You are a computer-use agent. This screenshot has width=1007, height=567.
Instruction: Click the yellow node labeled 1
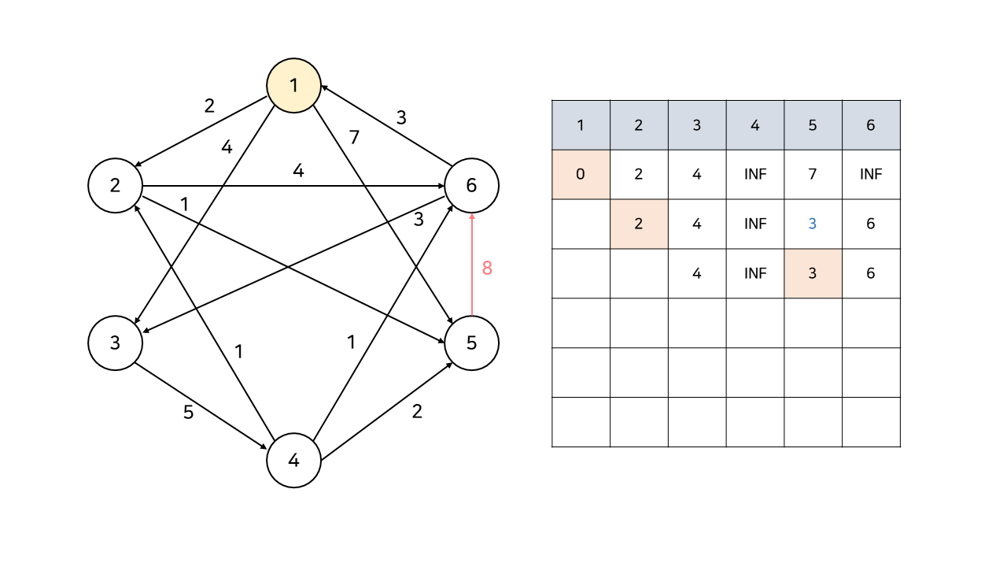click(x=294, y=85)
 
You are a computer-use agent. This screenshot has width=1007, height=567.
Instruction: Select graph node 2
click(x=115, y=186)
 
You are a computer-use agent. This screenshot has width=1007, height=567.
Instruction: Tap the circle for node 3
click(x=115, y=343)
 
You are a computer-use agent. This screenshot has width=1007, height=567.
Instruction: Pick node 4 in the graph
click(x=294, y=461)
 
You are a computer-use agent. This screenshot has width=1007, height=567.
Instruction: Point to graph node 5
click(x=471, y=343)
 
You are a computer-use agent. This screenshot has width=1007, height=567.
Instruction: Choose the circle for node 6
click(x=471, y=186)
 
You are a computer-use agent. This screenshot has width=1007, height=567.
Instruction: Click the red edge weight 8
click(x=487, y=268)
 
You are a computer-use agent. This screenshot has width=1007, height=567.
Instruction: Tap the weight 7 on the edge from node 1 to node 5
click(x=354, y=138)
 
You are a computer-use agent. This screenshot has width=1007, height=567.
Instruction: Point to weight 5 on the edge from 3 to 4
click(x=188, y=412)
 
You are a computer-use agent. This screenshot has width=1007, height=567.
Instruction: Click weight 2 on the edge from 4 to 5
click(x=417, y=411)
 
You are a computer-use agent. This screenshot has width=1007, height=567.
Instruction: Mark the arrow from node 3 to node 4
click(x=205, y=402)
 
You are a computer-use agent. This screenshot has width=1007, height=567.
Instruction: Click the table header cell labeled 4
click(x=755, y=125)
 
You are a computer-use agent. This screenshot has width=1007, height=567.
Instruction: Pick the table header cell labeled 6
click(x=871, y=125)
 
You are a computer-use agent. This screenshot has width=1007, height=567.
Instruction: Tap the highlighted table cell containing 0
click(x=581, y=174)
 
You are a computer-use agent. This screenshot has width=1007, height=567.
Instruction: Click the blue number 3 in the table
click(x=813, y=224)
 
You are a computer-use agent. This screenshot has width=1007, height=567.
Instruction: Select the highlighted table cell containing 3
click(x=813, y=273)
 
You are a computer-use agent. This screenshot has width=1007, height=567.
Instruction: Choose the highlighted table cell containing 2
click(x=639, y=224)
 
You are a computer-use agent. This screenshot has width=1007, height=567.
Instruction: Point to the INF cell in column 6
click(x=871, y=174)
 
